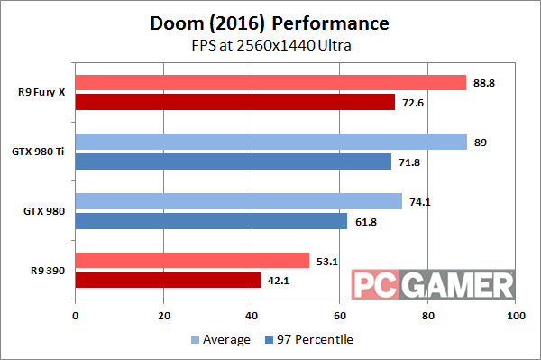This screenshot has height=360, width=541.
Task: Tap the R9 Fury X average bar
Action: pyautogui.click(x=270, y=83)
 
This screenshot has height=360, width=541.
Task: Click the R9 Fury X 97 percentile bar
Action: pyautogui.click(x=234, y=102)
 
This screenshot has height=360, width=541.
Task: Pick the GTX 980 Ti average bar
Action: pyautogui.click(x=270, y=142)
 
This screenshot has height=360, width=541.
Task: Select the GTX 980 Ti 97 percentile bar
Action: pyautogui.click(x=233, y=162)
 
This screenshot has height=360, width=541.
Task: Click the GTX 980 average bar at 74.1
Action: pyautogui.click(x=238, y=201)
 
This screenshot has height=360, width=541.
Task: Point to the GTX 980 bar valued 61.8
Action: pyautogui.click(x=211, y=220)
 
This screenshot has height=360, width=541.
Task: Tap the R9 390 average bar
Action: pyautogui.click(x=192, y=261)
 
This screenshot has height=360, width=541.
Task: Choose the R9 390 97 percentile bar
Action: pyautogui.click(x=168, y=280)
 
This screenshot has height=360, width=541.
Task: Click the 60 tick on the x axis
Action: pyautogui.click(x=340, y=317)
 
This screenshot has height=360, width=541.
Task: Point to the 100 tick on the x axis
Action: pyautogui.click(x=516, y=317)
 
